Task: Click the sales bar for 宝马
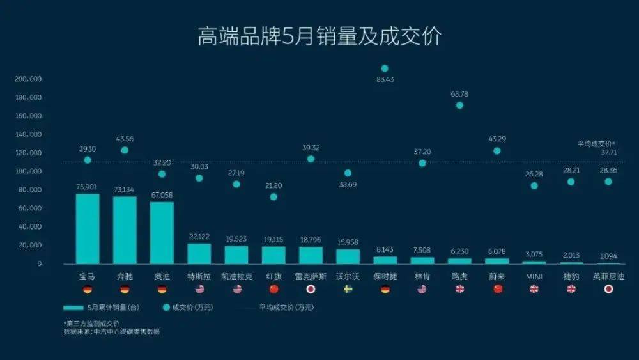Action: (x=88, y=229)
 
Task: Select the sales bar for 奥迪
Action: (x=162, y=232)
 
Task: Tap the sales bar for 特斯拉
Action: (x=199, y=253)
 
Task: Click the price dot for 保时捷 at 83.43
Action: (x=385, y=68)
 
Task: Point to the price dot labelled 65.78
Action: (x=459, y=106)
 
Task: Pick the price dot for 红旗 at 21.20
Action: (x=273, y=197)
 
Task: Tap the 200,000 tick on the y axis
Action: (x=27, y=79)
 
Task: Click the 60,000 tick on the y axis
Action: (x=29, y=208)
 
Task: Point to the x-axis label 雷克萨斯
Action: (x=311, y=276)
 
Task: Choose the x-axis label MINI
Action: (x=534, y=276)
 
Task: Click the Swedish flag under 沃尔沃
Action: (x=348, y=289)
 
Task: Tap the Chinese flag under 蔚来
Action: (x=497, y=289)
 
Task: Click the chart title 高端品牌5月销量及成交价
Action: (x=319, y=36)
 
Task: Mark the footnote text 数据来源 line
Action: (x=111, y=332)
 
